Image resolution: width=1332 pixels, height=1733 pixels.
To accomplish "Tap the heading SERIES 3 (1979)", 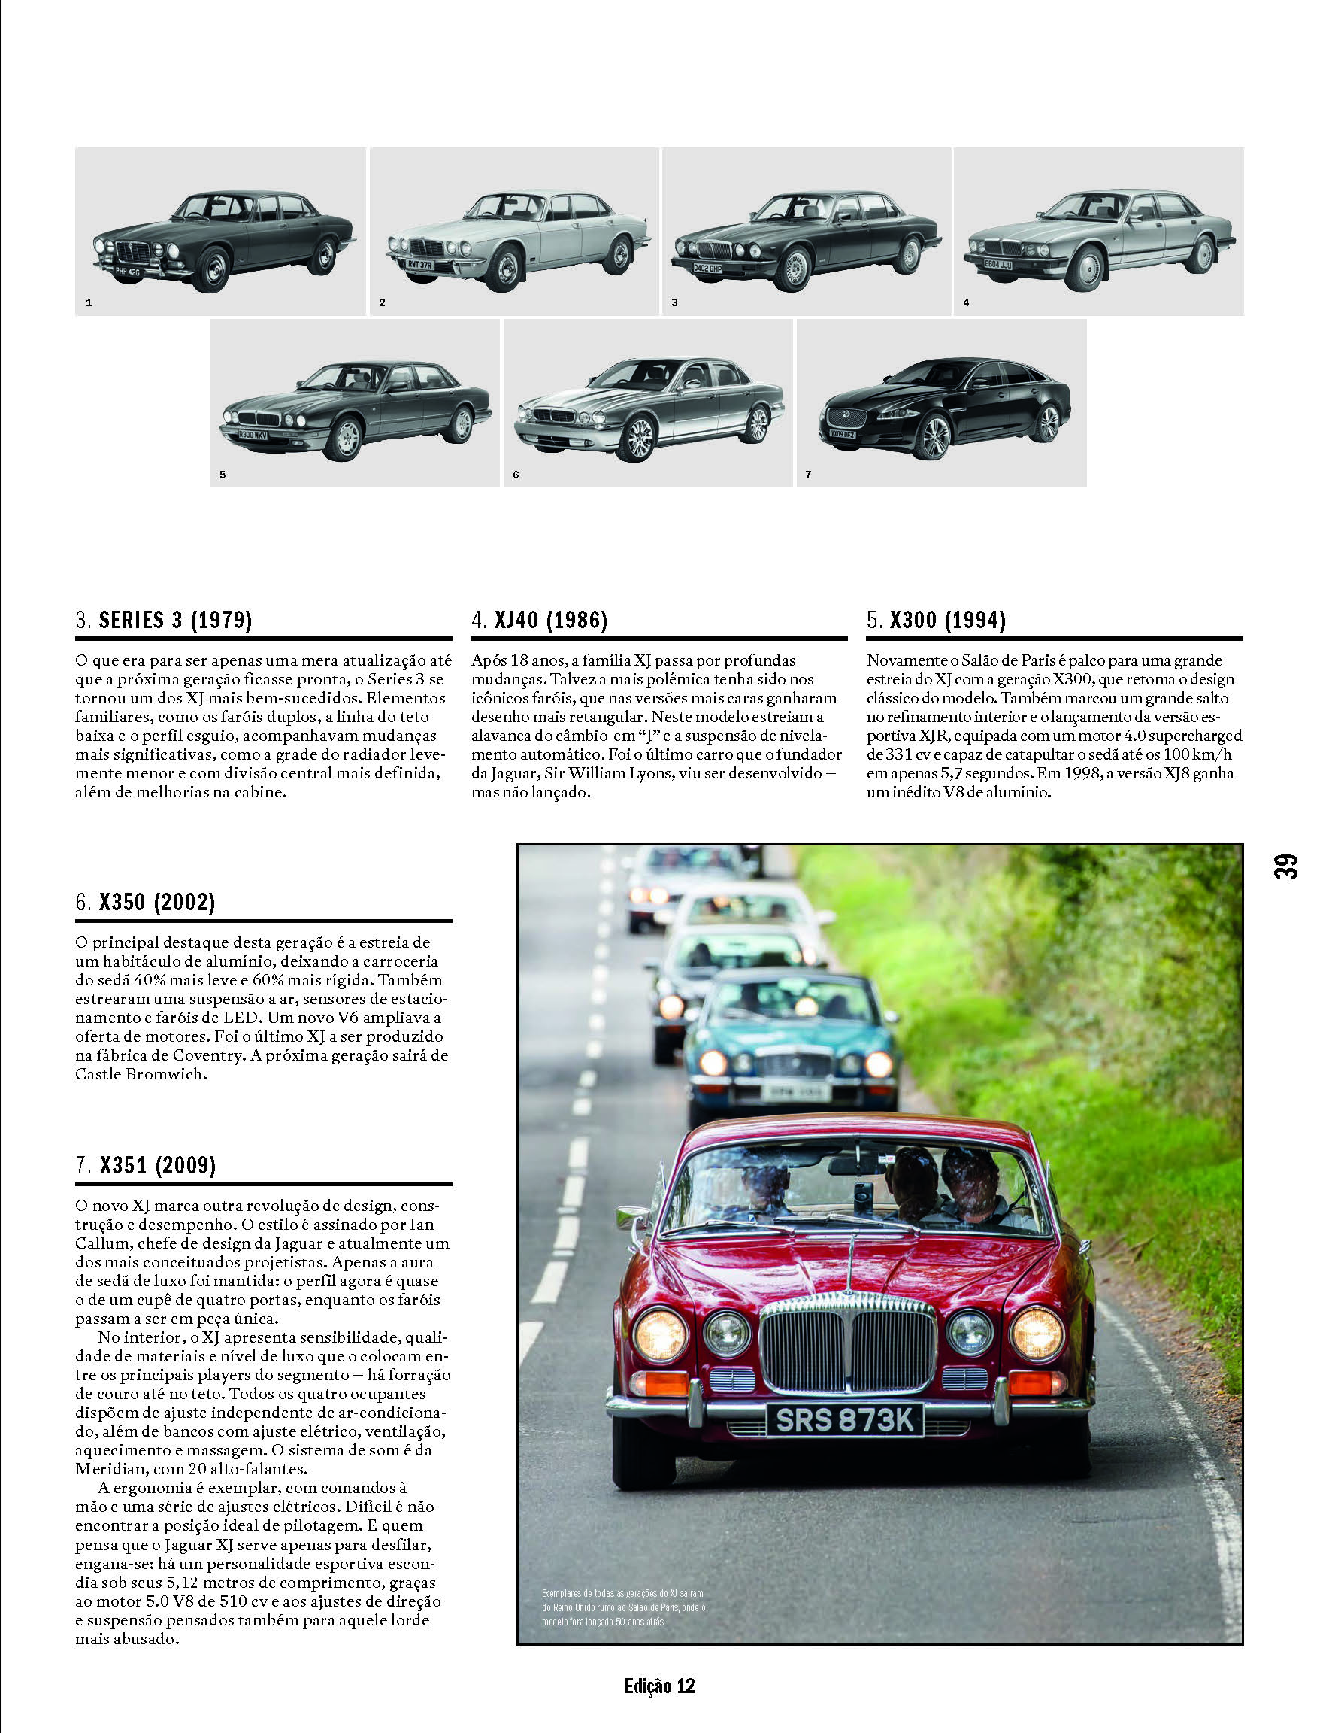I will pyautogui.click(x=164, y=620).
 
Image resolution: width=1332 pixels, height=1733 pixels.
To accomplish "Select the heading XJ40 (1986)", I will pyautogui.click(x=540, y=620).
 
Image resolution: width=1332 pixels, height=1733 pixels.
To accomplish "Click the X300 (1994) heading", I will pyautogui.click(x=937, y=620).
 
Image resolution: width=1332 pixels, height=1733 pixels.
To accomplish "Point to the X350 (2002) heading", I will pyautogui.click(x=146, y=902).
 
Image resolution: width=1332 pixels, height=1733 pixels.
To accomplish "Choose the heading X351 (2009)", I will pyautogui.click(x=146, y=1165).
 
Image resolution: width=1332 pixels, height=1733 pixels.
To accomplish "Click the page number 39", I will pyautogui.click(x=1286, y=865).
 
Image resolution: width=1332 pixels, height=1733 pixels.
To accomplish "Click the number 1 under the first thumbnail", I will pyautogui.click(x=89, y=302).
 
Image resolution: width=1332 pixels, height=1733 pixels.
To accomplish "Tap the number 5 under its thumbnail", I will pyautogui.click(x=223, y=475).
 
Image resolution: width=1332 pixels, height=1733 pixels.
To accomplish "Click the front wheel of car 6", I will pyautogui.click(x=638, y=439).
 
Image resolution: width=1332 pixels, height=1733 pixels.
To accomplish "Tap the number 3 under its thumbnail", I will pyautogui.click(x=675, y=302).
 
